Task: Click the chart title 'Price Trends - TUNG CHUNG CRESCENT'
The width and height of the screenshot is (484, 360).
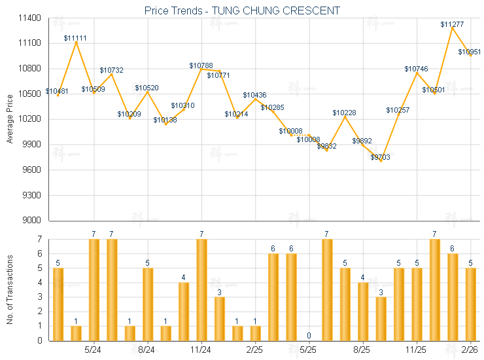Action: point(242,10)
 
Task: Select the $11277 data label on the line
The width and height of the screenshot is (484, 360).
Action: point(452,24)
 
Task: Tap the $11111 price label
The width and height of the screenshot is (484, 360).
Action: point(75,38)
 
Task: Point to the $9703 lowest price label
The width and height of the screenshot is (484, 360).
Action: point(381,157)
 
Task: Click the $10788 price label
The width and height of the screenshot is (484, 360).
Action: point(201,65)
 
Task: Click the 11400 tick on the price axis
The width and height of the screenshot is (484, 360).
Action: point(30,18)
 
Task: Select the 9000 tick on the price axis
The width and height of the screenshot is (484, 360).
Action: point(32,221)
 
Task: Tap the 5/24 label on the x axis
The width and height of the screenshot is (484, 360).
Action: point(94,351)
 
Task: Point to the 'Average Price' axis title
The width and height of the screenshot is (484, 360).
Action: point(9,119)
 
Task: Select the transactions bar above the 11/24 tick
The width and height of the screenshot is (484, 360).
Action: point(201,290)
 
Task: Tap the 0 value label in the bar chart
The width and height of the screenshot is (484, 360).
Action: point(309,336)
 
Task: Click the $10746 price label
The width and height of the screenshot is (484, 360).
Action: point(416,69)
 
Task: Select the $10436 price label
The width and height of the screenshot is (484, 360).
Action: point(254,95)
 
